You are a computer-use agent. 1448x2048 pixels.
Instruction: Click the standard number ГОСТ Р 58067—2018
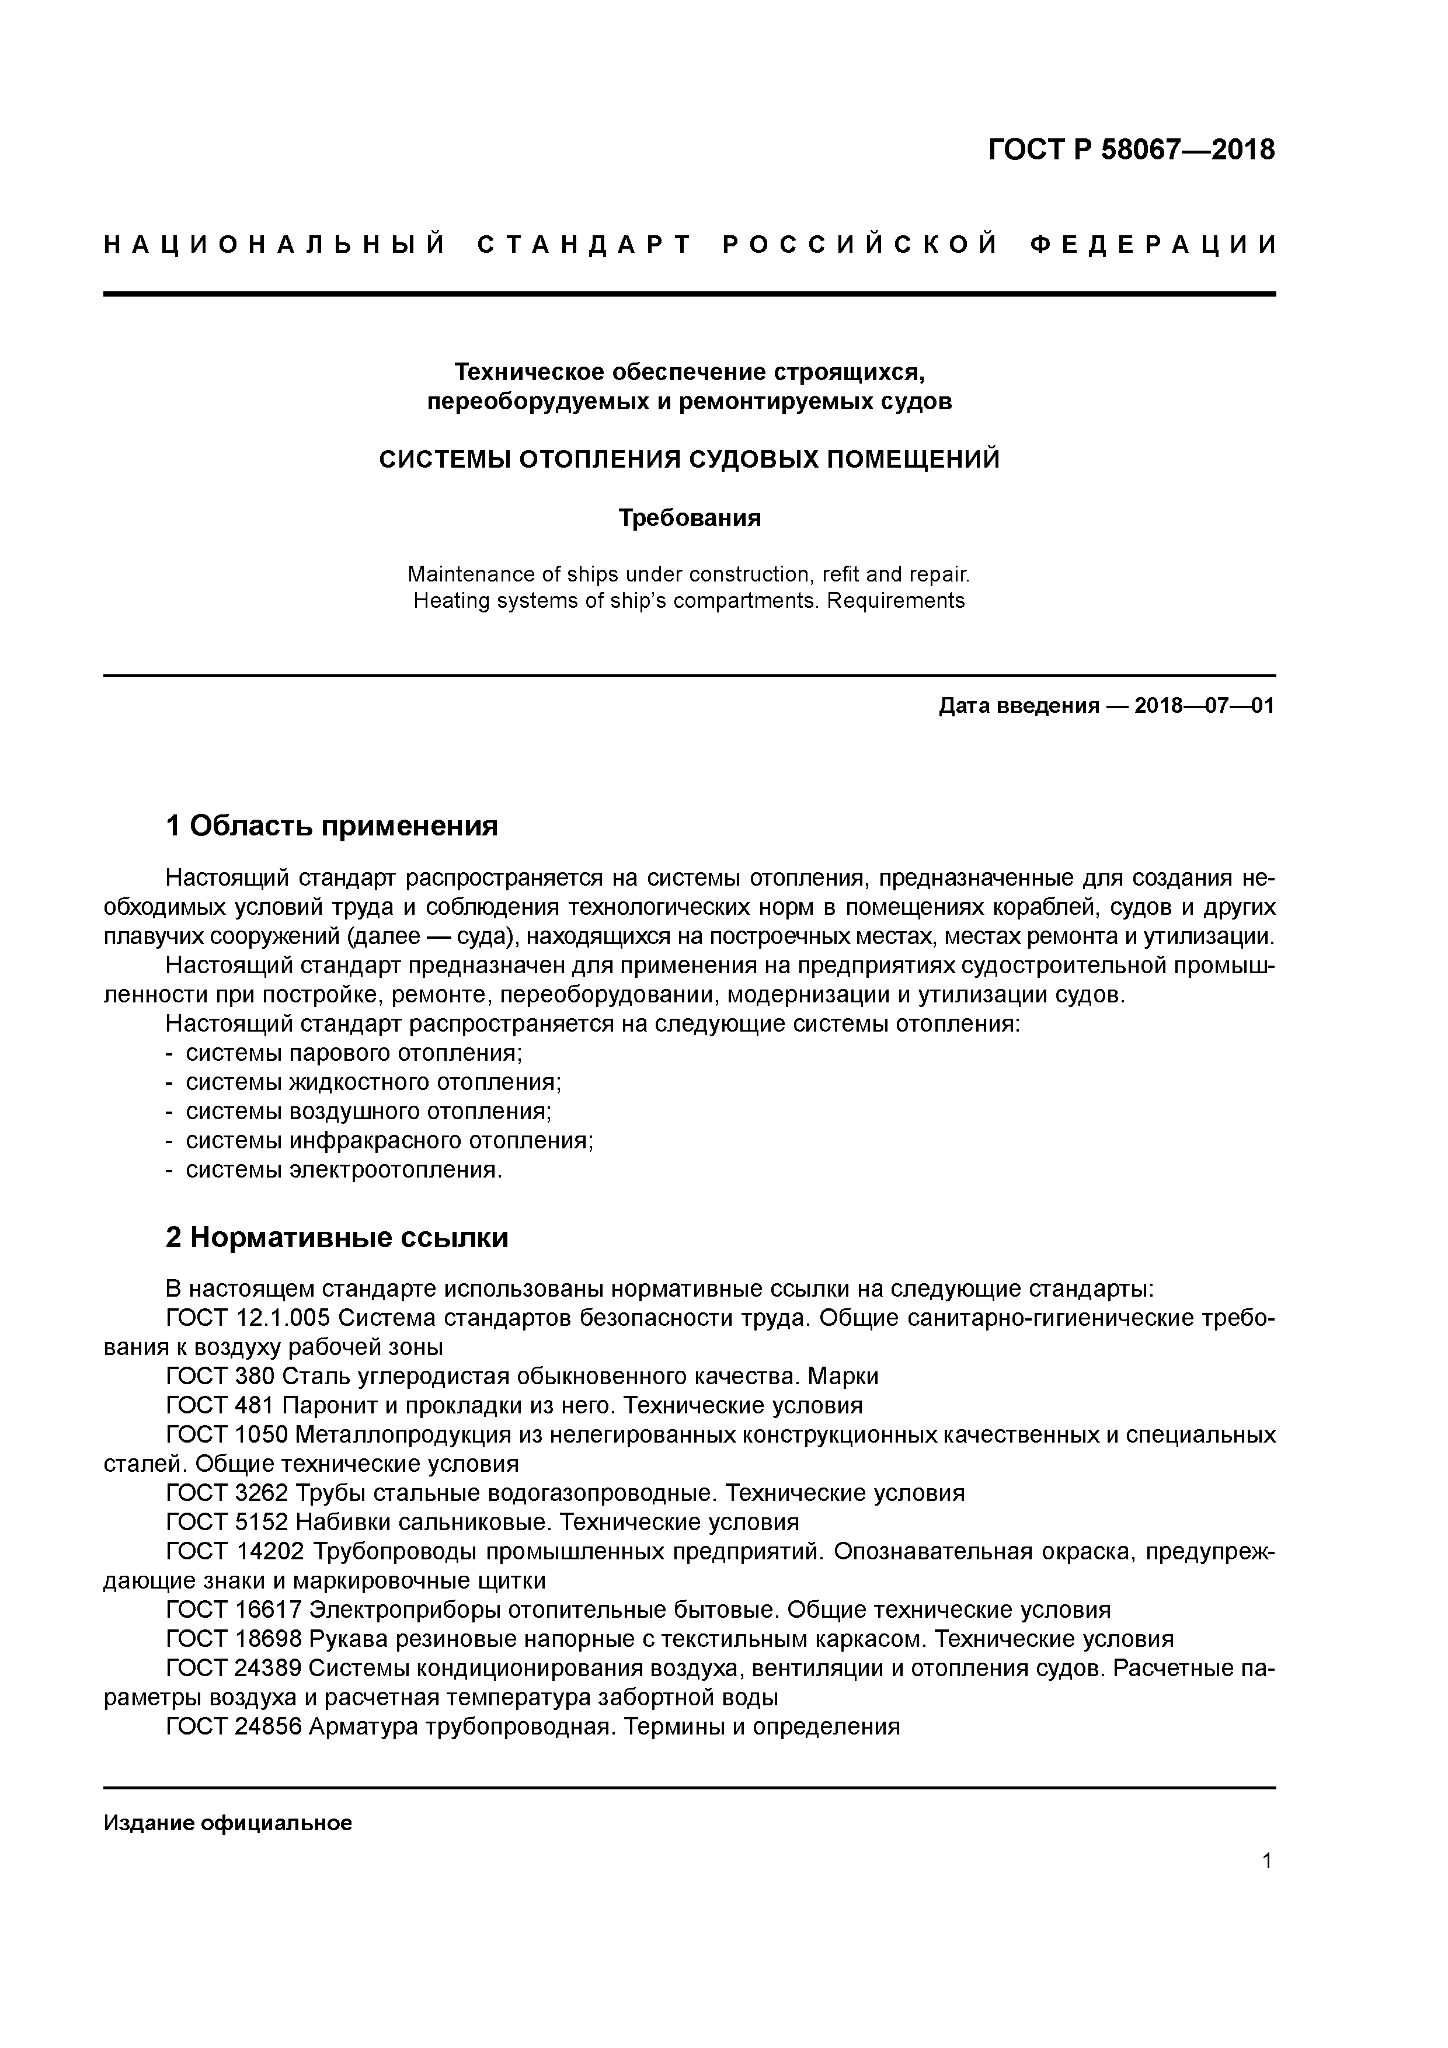1132,150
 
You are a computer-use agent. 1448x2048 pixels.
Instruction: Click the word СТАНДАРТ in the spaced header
585,245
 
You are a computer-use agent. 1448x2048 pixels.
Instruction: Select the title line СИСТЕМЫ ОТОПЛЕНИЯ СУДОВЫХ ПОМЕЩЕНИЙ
689,459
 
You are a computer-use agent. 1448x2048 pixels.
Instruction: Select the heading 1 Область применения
331,826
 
